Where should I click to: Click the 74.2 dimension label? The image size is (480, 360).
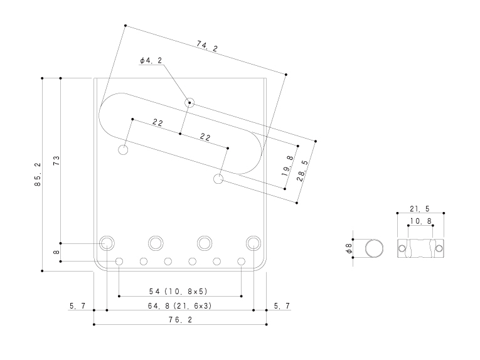point(207,46)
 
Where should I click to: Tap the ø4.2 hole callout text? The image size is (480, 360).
point(151,61)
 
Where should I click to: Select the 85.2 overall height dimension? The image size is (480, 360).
point(38,174)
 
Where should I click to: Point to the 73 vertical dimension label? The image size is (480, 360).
point(56,161)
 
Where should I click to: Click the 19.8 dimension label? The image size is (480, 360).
point(288,166)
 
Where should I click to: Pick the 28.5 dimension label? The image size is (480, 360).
point(302,171)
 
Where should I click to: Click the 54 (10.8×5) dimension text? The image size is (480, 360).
point(178,292)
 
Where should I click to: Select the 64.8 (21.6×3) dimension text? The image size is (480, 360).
point(179,305)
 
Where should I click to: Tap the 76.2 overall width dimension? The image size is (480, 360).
point(180,320)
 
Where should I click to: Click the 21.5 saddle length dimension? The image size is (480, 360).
point(420,209)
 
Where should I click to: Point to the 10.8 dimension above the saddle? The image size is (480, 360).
point(420,221)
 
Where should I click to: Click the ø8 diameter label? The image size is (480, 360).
point(348,248)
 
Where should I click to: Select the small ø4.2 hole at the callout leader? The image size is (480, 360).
point(189,102)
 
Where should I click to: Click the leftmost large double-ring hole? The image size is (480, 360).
point(107,243)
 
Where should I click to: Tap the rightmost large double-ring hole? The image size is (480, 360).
point(253,243)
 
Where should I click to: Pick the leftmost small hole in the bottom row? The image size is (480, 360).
point(119,262)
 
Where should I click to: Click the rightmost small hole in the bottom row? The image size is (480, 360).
point(241,262)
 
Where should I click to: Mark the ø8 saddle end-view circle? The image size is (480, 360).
point(374,248)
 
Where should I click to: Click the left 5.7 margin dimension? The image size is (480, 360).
point(77,305)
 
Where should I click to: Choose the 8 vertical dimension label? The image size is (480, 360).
point(56,252)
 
